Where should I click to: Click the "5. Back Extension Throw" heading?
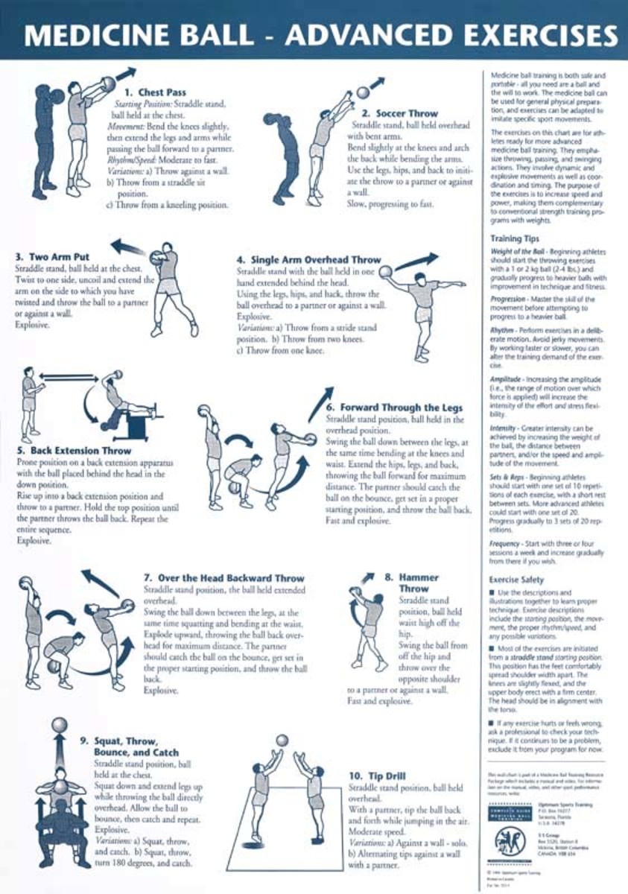[74, 451]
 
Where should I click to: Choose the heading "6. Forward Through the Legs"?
[394, 408]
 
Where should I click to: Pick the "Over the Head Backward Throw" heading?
[223, 577]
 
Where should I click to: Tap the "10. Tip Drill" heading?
[377, 776]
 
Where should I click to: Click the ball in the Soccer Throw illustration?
[364, 92]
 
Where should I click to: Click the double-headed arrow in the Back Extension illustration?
[63, 377]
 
